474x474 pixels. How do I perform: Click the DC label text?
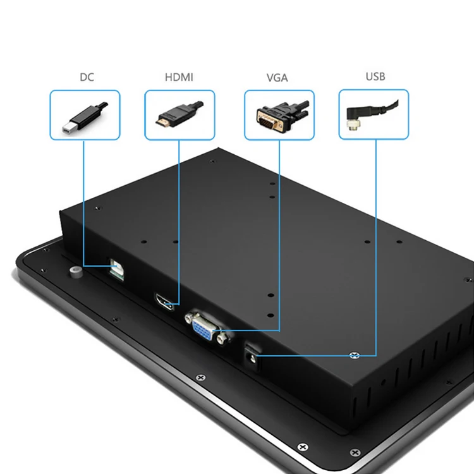coord(86,78)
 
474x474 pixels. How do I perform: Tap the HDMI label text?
coord(179,78)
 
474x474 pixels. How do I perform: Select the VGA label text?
coord(277,78)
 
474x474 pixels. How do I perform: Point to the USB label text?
coord(375,77)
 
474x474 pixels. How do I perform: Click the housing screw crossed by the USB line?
coord(355,355)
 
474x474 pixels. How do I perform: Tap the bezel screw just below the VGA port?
coord(200,377)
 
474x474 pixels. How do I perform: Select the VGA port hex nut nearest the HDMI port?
coord(188,318)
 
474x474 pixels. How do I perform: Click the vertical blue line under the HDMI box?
coord(179,221)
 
